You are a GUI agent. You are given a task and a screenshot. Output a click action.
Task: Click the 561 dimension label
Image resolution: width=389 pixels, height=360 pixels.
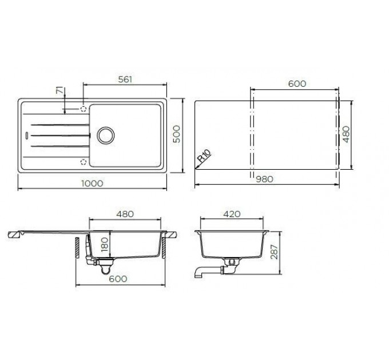pyautogui.click(x=125, y=79)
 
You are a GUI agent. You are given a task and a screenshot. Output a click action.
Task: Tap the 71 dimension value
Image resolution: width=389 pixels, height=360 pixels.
pyautogui.click(x=60, y=91)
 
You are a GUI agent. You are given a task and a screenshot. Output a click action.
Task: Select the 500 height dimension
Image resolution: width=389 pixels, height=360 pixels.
pyautogui.click(x=176, y=134)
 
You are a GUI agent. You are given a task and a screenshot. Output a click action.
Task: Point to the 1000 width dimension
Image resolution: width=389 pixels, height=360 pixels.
pyautogui.click(x=92, y=183)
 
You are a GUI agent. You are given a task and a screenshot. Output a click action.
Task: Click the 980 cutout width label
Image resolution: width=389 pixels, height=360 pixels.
pyautogui.click(x=264, y=179)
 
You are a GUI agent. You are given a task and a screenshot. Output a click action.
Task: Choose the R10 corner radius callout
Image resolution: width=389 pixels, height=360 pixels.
pyautogui.click(x=204, y=157)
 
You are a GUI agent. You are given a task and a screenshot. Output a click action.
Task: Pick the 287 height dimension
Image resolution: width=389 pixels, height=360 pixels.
pyautogui.click(x=274, y=252)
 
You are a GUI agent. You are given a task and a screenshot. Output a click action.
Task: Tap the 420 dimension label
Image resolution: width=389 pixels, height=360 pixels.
pyautogui.click(x=232, y=214)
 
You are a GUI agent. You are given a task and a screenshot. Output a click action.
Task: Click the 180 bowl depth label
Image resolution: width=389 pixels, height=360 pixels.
pyautogui.click(x=105, y=245)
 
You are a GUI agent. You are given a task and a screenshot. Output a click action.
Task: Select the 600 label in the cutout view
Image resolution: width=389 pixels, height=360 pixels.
pyautogui.click(x=297, y=84)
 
